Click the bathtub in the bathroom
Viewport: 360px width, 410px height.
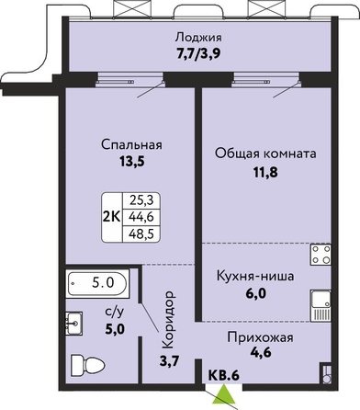pyautogui.click(x=97, y=282)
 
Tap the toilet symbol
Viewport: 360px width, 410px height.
pyautogui.click(x=88, y=365)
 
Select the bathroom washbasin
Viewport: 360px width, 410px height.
pyautogui.click(x=73, y=324)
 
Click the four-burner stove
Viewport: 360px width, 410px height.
pyautogui.click(x=321, y=255)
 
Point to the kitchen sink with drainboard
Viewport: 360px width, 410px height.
pyautogui.click(x=321, y=306)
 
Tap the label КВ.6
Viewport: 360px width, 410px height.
pyautogui.click(x=223, y=375)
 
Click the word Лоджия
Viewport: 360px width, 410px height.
pyautogui.click(x=198, y=38)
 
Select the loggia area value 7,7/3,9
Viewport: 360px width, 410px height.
pyautogui.click(x=198, y=55)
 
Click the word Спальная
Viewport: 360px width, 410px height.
pyautogui.click(x=131, y=144)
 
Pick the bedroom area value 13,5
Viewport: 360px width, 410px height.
pyautogui.click(x=131, y=162)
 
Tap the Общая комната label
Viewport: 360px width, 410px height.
pyautogui.click(x=265, y=154)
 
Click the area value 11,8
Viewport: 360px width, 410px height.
pyautogui.click(x=265, y=173)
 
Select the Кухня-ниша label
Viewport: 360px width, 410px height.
pyautogui.click(x=255, y=277)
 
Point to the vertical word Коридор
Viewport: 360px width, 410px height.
pyautogui.click(x=168, y=320)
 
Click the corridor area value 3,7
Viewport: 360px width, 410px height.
pyautogui.click(x=169, y=361)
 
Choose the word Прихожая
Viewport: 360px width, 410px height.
pyautogui.click(x=260, y=337)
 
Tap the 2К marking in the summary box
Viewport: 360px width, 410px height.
pyautogui.click(x=112, y=217)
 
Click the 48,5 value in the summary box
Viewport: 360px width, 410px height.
pyautogui.click(x=141, y=234)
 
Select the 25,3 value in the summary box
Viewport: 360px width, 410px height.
pyautogui.click(x=141, y=200)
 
